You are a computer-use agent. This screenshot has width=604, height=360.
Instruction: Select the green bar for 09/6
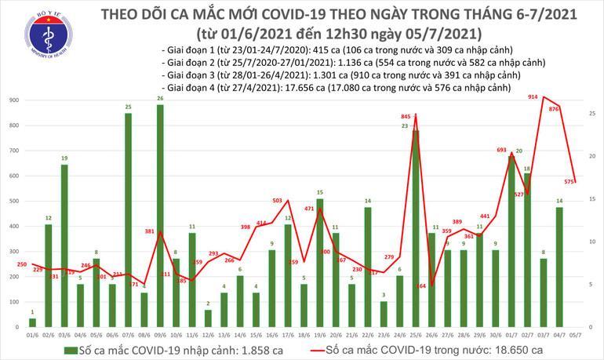tap(160, 216)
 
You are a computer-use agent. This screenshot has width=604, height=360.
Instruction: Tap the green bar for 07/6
tap(127, 220)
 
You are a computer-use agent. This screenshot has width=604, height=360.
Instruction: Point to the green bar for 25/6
tap(416, 227)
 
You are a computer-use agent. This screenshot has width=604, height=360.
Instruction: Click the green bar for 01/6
tap(32, 322)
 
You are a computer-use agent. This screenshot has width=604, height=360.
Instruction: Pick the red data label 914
tap(533, 96)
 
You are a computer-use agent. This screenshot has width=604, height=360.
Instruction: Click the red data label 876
tap(554, 109)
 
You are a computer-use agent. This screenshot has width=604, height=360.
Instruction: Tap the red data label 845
tap(406, 117)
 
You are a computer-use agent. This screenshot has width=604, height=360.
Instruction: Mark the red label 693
tap(502, 149)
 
